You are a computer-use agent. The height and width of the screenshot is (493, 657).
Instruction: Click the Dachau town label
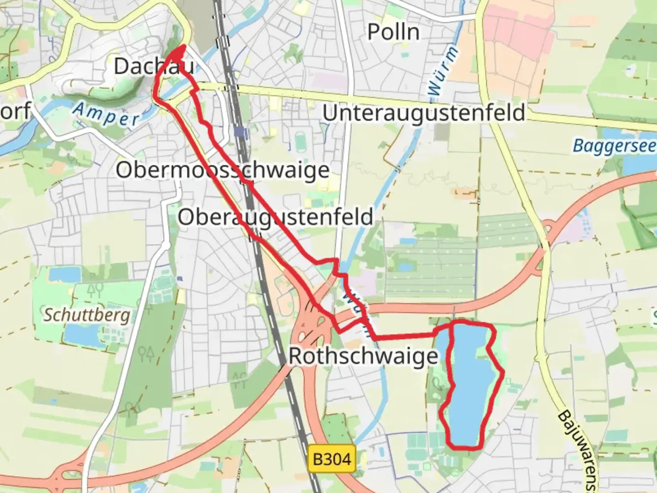tap(153, 67)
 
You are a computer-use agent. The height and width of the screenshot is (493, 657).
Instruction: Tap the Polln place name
tap(393, 32)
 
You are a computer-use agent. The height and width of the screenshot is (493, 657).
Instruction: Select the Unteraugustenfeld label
tap(424, 113)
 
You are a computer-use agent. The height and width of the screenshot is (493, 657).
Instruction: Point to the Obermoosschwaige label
tap(222, 170)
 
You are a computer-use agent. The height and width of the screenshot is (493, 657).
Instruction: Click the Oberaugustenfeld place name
tap(275, 217)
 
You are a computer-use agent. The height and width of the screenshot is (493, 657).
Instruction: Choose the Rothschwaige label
tap(363, 356)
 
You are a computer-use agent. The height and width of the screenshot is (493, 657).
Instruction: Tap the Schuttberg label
tap(87, 315)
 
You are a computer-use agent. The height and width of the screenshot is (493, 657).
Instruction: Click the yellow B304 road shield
tap(332, 458)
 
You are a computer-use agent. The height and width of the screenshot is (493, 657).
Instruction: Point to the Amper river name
tap(106, 115)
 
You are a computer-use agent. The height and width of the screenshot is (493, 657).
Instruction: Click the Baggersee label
tap(614, 146)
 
